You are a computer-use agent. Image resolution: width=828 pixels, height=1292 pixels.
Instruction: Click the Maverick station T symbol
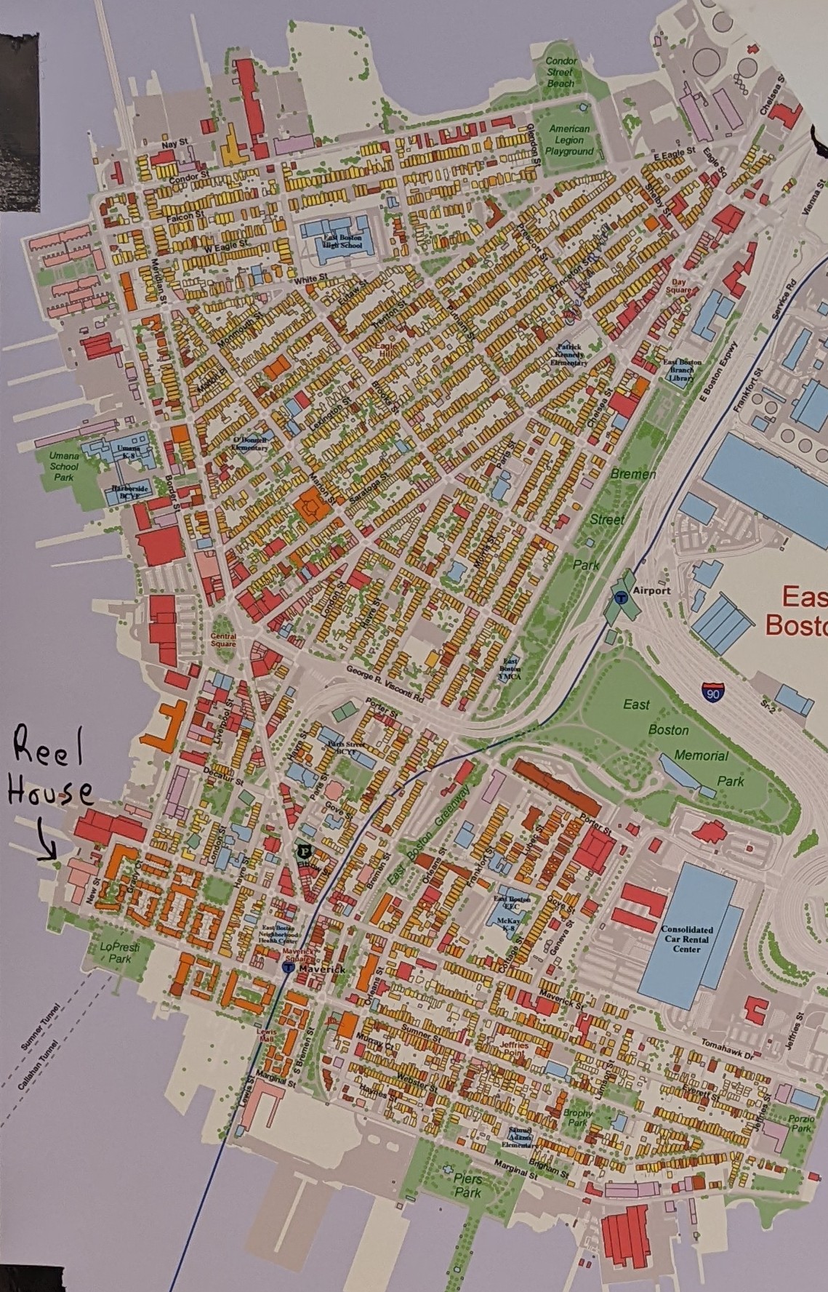coord(288,969)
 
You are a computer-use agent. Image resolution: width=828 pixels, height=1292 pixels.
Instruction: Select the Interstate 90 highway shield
coord(713,691)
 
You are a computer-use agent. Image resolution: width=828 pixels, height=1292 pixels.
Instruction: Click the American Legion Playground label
coord(569,140)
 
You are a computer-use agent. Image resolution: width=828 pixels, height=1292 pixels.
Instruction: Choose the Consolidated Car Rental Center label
coord(687,939)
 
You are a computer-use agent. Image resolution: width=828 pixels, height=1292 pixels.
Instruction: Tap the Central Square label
coord(223,640)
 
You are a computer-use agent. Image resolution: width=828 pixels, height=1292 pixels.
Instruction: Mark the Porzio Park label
coord(801,1123)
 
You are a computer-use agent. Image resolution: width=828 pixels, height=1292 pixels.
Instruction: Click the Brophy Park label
coord(578,1118)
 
